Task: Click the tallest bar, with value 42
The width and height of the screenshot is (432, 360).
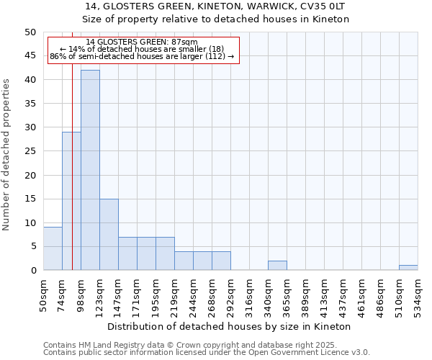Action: pyautogui.click(x=90, y=170)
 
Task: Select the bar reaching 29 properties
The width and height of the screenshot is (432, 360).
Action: pyautogui.click(x=71, y=201)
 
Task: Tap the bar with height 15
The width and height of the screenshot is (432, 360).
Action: pyautogui.click(x=109, y=234)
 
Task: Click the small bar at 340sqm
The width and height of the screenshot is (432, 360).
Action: pyautogui.click(x=277, y=265)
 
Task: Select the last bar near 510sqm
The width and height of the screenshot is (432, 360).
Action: pyautogui.click(x=408, y=268)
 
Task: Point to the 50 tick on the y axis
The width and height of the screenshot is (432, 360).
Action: pyautogui.click(x=30, y=32)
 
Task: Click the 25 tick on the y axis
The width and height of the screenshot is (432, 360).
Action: pyautogui.click(x=30, y=151)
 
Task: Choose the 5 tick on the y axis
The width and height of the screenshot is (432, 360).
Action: pyautogui.click(x=32, y=246)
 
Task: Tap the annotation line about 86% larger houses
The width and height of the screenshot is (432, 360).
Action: pyautogui.click(x=142, y=56)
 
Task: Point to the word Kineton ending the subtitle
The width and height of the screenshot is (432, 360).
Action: pyautogui.click(x=332, y=19)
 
